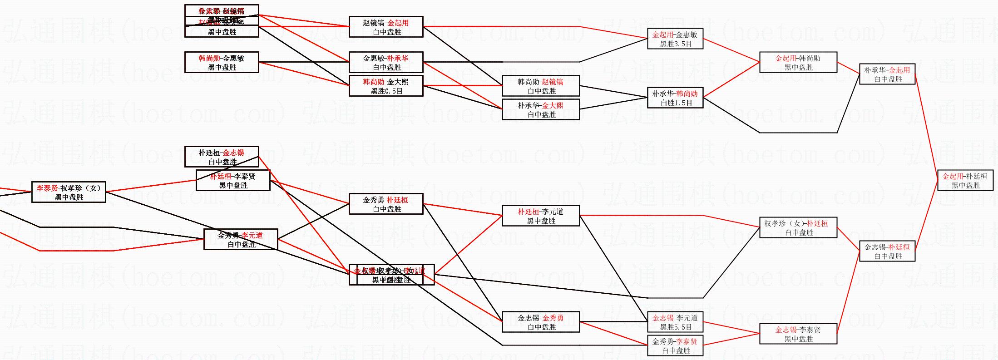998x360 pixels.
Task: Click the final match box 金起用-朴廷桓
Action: tap(965, 180)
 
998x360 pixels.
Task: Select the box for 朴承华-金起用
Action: tap(887, 74)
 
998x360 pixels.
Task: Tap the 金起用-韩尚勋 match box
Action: tap(798, 63)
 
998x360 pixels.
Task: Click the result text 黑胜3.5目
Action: tap(676, 44)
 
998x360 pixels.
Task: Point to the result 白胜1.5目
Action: tap(676, 103)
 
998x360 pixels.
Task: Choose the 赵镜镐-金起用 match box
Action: tap(386, 27)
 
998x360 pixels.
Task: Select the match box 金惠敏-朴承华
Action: tap(386, 62)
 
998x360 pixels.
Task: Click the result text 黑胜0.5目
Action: tap(386, 91)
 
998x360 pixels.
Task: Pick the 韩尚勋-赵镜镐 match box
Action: tap(541, 86)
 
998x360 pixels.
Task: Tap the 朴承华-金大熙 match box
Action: tap(541, 109)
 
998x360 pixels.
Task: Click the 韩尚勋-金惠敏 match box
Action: tap(222, 62)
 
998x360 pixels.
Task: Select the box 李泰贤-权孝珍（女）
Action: tap(69, 192)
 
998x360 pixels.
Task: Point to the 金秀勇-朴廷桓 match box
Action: tap(386, 204)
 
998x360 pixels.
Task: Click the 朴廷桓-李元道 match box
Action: tap(541, 216)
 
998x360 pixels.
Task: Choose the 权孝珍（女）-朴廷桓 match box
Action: tap(798, 227)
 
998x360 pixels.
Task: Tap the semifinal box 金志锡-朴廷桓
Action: tap(887, 251)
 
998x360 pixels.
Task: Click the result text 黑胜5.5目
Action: tap(676, 327)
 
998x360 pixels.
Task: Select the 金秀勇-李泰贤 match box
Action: tap(675, 345)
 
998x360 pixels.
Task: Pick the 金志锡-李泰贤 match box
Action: tap(798, 334)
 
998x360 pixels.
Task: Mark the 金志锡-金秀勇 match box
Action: tap(541, 322)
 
